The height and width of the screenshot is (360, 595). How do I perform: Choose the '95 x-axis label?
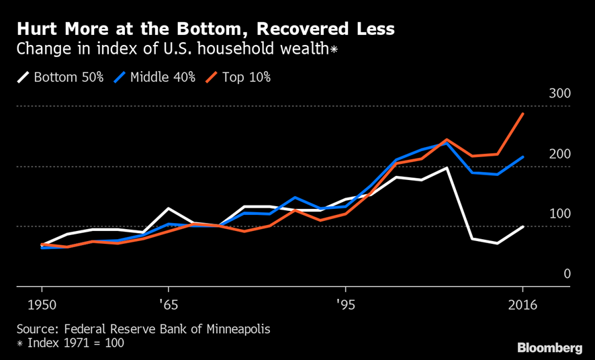pyautogui.click(x=345, y=306)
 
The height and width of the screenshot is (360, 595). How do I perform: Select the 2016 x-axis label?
pyautogui.click(x=523, y=306)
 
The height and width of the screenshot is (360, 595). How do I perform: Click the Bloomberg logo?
pyautogui.click(x=549, y=347)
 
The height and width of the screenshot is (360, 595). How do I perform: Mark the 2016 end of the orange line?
pyautogui.click(x=523, y=114)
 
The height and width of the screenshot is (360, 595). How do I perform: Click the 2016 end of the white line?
pyautogui.click(x=523, y=226)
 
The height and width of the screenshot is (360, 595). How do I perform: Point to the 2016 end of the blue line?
pyautogui.click(x=523, y=157)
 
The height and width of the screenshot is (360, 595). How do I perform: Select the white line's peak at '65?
pyautogui.click(x=168, y=208)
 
